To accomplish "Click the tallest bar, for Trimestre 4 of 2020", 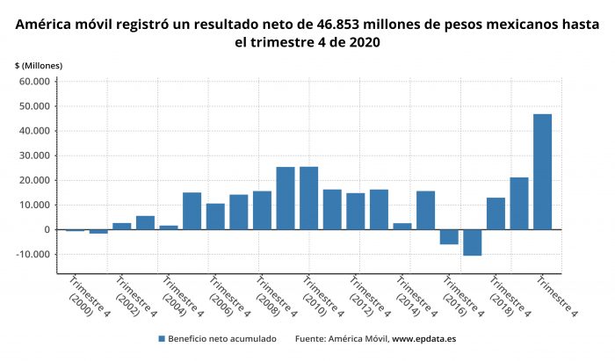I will pyautogui.click(x=542, y=171).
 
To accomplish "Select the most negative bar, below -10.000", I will pyautogui.click(x=473, y=242).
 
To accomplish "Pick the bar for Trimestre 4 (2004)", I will pyautogui.click(x=169, y=227).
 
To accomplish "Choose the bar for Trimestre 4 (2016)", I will pyautogui.click(x=449, y=237).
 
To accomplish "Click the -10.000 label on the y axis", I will pyautogui.click(x=33, y=255).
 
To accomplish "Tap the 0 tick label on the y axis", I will pyautogui.click(x=48, y=230).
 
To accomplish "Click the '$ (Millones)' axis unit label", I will pyautogui.click(x=38, y=66).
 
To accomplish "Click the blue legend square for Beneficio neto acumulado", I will pyautogui.click(x=163, y=338).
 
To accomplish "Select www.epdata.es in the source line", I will pyautogui.click(x=423, y=338).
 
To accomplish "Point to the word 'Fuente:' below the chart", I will pyautogui.click(x=312, y=338).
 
